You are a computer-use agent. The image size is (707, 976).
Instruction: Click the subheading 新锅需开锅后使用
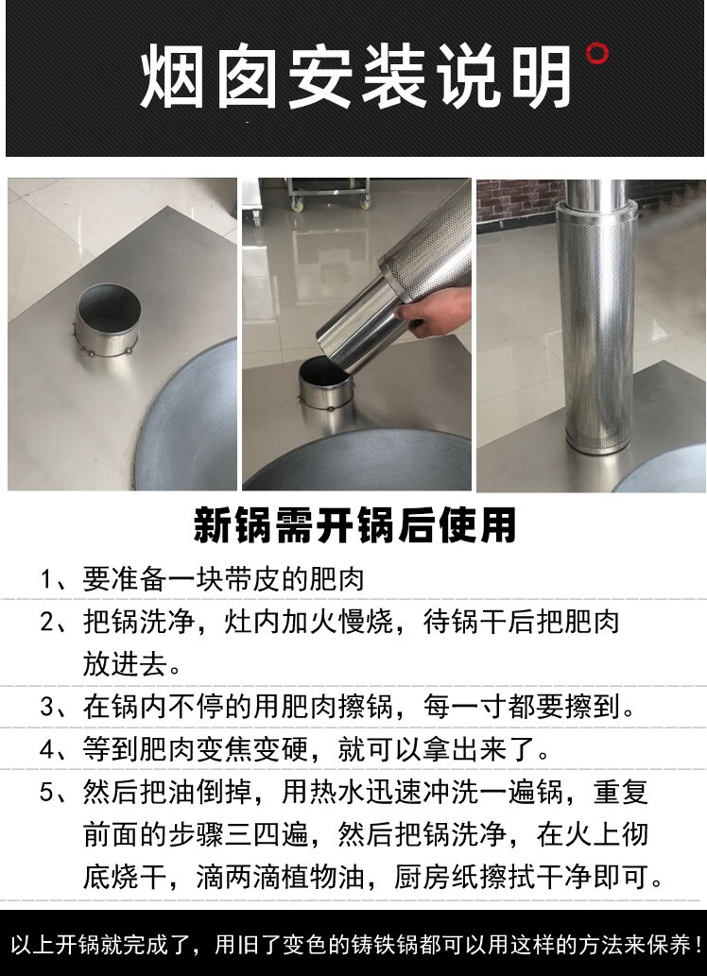click(354, 525)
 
